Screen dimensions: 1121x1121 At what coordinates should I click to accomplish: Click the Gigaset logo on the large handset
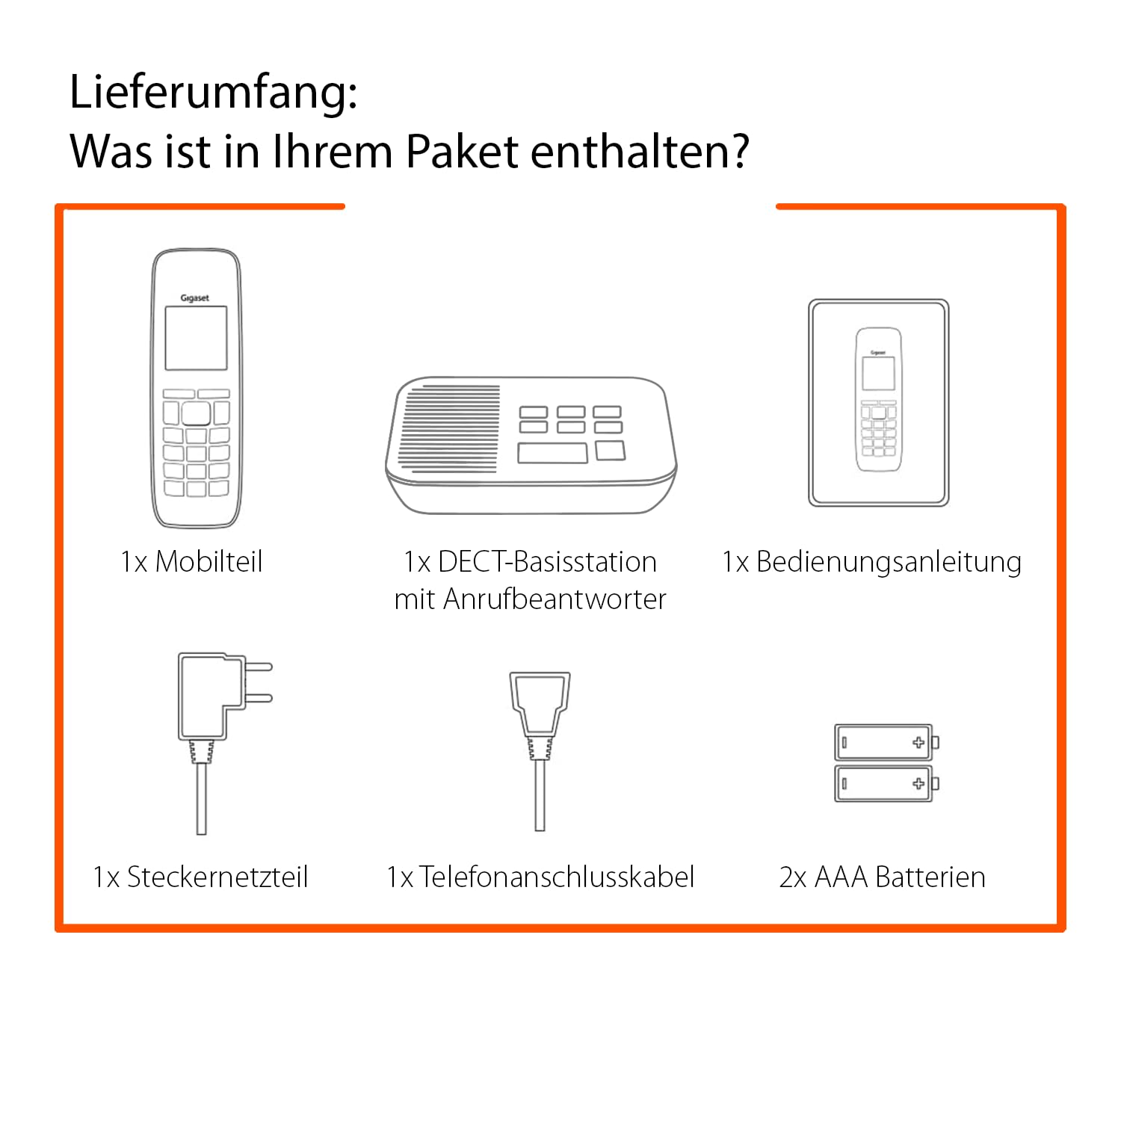pos(195,297)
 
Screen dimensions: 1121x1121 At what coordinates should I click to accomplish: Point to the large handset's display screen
pos(196,338)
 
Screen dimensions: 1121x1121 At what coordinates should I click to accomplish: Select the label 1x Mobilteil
pos(192,561)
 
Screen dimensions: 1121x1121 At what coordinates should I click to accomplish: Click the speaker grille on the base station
pos(448,430)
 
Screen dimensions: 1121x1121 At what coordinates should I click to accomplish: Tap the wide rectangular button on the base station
pos(552,453)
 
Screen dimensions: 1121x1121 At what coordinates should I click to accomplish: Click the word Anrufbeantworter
pos(555,599)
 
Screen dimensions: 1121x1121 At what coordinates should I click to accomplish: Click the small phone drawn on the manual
pos(878,400)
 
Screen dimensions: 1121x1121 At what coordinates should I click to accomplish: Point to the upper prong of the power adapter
pos(258,667)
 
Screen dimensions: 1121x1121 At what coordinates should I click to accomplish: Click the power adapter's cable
pos(201,798)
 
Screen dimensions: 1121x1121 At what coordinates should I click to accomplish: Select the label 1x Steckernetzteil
pos(200,877)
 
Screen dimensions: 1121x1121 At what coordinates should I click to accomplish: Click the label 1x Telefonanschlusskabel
pos(540,877)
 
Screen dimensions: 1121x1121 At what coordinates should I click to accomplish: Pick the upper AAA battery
pos(886,742)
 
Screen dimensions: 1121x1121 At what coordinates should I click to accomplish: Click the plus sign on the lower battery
pos(918,783)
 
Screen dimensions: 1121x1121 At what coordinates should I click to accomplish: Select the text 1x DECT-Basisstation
pos(530,561)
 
